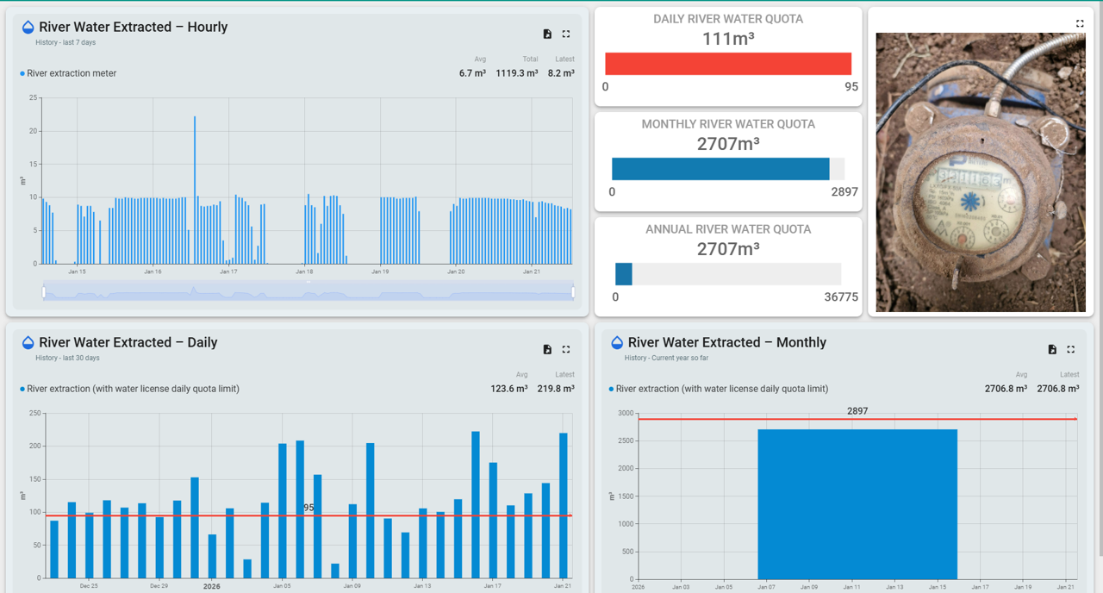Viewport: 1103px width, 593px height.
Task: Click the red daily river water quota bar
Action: pyautogui.click(x=728, y=64)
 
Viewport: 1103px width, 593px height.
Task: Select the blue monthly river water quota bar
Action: pyautogui.click(x=720, y=169)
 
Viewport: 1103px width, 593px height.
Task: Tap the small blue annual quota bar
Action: pyautogui.click(x=623, y=274)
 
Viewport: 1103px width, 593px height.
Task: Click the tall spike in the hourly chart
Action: pyautogui.click(x=195, y=190)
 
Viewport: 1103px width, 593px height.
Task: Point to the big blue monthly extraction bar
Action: pyautogui.click(x=857, y=504)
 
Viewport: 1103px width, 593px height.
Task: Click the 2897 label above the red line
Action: pyautogui.click(x=857, y=411)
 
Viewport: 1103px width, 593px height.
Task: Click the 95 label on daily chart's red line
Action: pyautogui.click(x=309, y=508)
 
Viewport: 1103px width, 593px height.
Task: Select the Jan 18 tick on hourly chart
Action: pyautogui.click(x=304, y=272)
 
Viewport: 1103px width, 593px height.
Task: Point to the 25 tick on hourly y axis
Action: pyautogui.click(x=34, y=98)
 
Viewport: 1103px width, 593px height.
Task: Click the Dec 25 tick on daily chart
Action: pyautogui.click(x=89, y=586)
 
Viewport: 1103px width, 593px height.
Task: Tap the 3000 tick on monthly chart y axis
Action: pyautogui.click(x=626, y=414)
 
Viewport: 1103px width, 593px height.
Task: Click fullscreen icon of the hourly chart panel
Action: pyautogui.click(x=566, y=34)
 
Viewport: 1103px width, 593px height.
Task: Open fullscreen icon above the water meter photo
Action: pyautogui.click(x=1080, y=23)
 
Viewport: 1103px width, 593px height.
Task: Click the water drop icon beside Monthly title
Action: pyautogui.click(x=617, y=343)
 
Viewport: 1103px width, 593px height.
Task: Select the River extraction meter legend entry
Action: pyautogui.click(x=71, y=73)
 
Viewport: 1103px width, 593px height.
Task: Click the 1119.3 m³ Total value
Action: pyautogui.click(x=516, y=73)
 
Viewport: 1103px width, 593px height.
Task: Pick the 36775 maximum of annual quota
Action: pyautogui.click(x=841, y=297)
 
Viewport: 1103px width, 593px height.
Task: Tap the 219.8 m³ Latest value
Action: pyautogui.click(x=557, y=389)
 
